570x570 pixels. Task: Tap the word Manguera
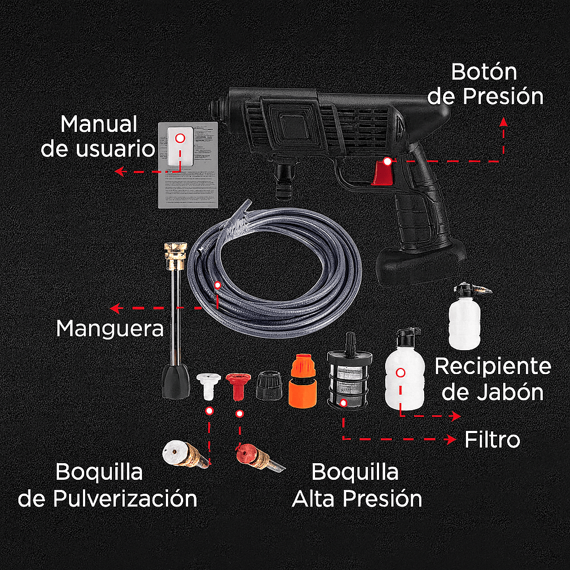click(110, 328)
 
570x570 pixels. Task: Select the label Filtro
click(492, 440)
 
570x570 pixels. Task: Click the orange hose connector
click(302, 383)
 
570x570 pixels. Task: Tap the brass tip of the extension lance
click(174, 254)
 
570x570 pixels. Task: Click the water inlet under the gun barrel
click(284, 178)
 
